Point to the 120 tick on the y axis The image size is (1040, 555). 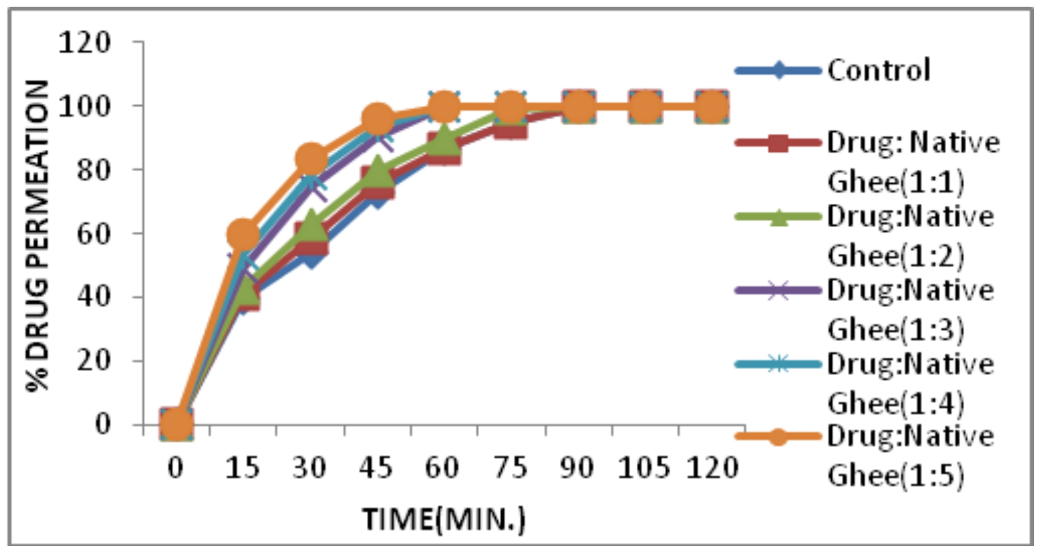click(85, 43)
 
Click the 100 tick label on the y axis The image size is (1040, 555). click(85, 106)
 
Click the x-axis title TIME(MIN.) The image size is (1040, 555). click(444, 519)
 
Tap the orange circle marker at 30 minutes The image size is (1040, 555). click(311, 159)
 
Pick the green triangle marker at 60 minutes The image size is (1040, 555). click(444, 140)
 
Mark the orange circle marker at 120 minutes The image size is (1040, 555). click(711, 107)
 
